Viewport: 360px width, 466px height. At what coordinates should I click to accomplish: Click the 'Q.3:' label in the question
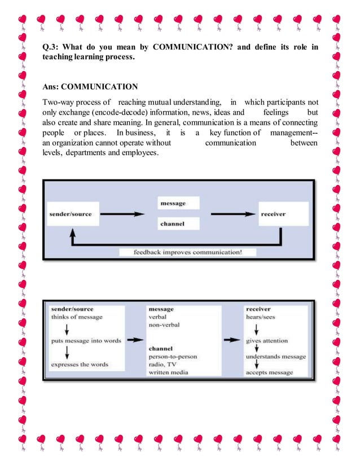pos(51,47)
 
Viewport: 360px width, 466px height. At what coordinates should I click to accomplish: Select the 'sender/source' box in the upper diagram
pos(70,214)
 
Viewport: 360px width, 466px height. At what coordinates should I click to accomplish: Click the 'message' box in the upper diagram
pos(172,203)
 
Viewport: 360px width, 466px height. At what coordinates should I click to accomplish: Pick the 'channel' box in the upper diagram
pos(172,224)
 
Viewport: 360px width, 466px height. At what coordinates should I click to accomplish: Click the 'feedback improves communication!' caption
pos(179,252)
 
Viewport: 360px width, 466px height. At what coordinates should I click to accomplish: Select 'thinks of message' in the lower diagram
pos(77,317)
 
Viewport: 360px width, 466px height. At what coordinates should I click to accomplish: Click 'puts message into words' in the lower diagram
pos(85,341)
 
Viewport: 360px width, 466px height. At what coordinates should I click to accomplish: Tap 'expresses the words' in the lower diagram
pos(80,364)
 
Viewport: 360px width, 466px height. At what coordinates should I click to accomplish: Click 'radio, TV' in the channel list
pos(162,364)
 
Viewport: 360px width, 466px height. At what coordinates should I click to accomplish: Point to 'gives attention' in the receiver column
pos(267,341)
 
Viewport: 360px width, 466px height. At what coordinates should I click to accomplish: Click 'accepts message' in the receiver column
pos(269,372)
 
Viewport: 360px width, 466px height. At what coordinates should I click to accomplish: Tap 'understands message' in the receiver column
pos(275,357)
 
